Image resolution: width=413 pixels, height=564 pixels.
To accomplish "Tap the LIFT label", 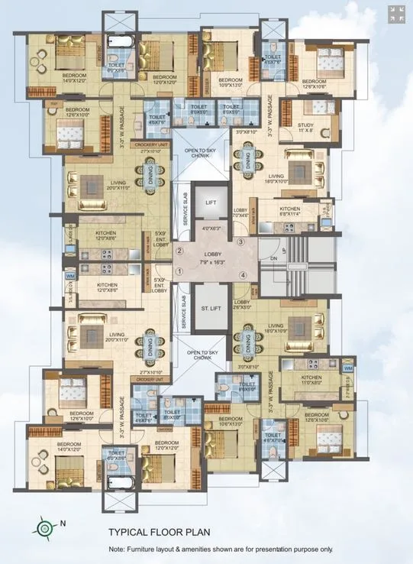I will click(211, 202).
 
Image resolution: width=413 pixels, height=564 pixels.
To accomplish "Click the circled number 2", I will click(180, 251).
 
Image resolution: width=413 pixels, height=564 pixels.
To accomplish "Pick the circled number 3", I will click(240, 242).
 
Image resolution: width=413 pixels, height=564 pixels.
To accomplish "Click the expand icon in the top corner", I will click(396, 14).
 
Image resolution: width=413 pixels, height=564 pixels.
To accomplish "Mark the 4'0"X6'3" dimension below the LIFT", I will click(211, 229).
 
